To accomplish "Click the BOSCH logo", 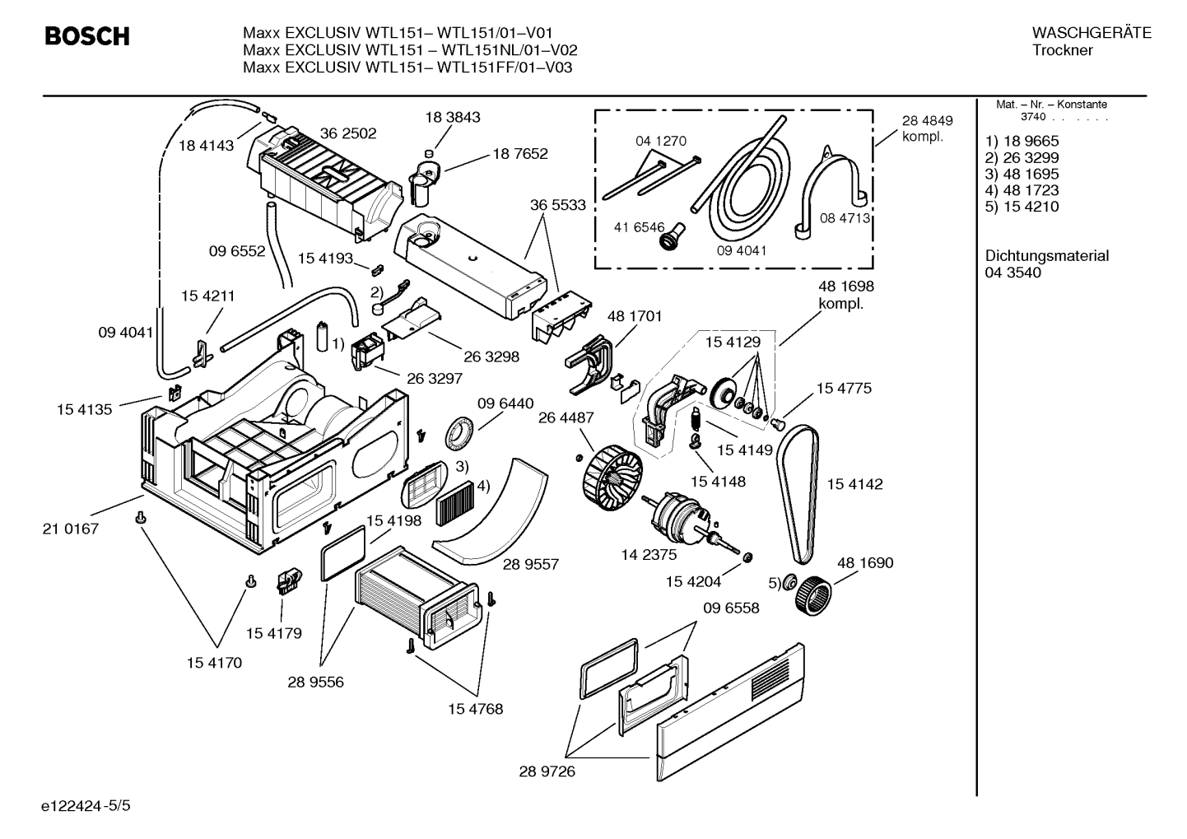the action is pos(87,36).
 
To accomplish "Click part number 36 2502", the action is pos(348,133).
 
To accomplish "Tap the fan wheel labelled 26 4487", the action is pos(612,477).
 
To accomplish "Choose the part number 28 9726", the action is pos(547,771).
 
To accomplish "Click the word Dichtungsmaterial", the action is pos(1046,256).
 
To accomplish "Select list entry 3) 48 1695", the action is pos(1022,174).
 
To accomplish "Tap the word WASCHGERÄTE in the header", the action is pos(1092,33).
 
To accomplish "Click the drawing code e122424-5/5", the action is pos(86,806).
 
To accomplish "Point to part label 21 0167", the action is pos(71,529).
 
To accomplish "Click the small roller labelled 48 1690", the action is pos(813,596).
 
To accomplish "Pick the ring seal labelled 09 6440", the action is pos(459,434).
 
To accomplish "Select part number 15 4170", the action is pos(214,663).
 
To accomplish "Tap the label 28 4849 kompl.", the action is pos(928,128).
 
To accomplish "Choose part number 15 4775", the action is pos(844,388).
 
